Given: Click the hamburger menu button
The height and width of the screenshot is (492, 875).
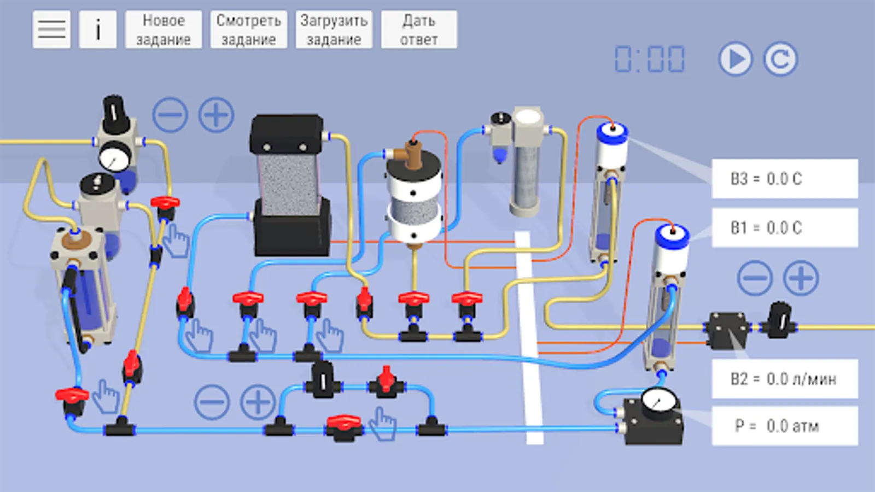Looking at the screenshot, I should [51, 29].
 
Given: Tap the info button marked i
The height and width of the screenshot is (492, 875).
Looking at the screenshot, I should [98, 29].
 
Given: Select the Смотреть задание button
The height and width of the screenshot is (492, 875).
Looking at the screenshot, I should [248, 30].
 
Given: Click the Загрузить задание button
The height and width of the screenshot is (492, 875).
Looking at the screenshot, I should [334, 30].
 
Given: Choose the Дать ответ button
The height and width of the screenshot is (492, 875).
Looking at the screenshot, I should [419, 30].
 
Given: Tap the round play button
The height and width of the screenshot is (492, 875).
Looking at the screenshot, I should [735, 59].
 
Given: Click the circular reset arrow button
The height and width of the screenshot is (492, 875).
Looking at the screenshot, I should [780, 59].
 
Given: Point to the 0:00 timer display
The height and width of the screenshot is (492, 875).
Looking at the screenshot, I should [650, 59].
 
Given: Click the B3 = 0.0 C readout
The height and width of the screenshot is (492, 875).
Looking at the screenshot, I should [784, 179].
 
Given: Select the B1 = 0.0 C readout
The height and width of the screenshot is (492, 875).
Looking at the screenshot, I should [784, 227].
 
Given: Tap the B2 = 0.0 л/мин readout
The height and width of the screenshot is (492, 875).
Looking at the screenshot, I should [784, 379].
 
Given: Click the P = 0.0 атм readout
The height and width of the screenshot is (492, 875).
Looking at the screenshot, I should [784, 426].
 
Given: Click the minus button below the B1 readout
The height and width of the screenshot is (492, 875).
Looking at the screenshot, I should [755, 278].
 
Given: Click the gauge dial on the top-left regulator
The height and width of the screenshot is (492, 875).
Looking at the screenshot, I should [114, 157].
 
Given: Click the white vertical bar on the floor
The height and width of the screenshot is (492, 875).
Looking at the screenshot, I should [529, 339].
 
